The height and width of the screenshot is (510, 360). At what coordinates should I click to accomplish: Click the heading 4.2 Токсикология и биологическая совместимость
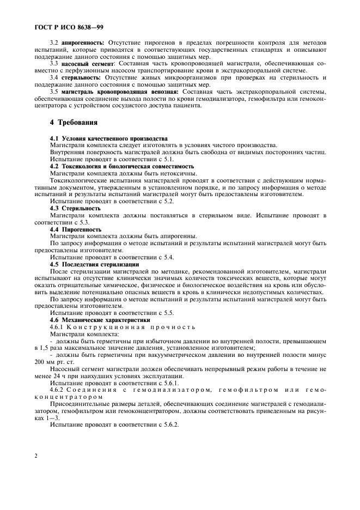pos(121,166)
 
